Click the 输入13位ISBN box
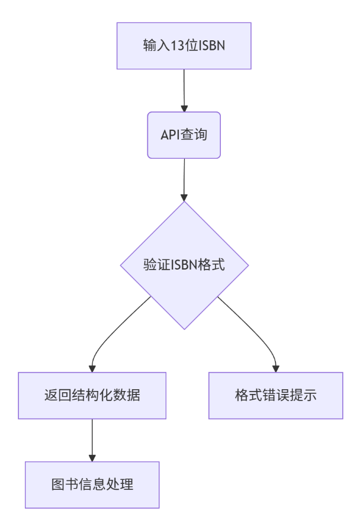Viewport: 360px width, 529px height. click(x=184, y=46)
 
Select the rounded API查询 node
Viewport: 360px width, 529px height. click(x=184, y=134)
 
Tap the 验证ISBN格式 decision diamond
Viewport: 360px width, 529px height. click(x=184, y=265)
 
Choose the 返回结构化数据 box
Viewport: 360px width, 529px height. click(x=92, y=395)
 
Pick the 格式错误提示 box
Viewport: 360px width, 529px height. click(x=276, y=395)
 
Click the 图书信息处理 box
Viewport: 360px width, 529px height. click(x=92, y=485)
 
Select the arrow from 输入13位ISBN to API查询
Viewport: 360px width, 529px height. click(x=184, y=89)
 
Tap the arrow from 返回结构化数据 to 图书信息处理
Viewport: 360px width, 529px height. click(x=92, y=438)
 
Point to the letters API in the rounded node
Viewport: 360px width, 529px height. click(x=170, y=134)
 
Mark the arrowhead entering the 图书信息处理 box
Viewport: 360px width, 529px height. click(x=92, y=457)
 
